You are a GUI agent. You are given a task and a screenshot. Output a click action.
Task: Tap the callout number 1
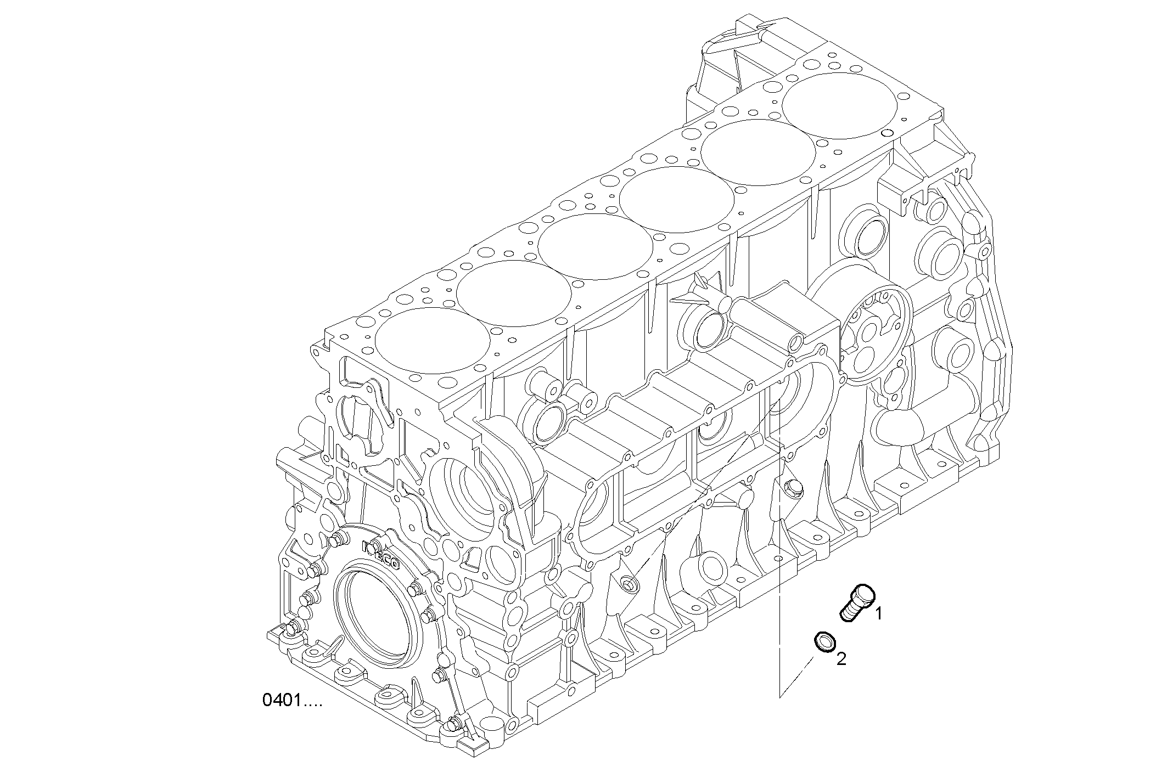[x=878, y=613]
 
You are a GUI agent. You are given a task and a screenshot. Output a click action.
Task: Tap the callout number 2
[x=841, y=658]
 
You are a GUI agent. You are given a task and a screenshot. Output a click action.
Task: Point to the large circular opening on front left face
[x=464, y=483]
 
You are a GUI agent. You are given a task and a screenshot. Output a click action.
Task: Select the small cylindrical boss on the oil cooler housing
[x=795, y=343]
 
